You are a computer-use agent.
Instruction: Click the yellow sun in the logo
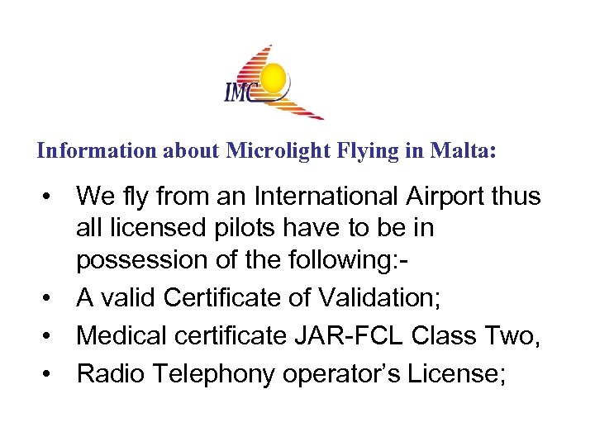pyautogui.click(x=275, y=79)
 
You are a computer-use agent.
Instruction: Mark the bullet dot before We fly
pyautogui.click(x=51, y=198)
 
